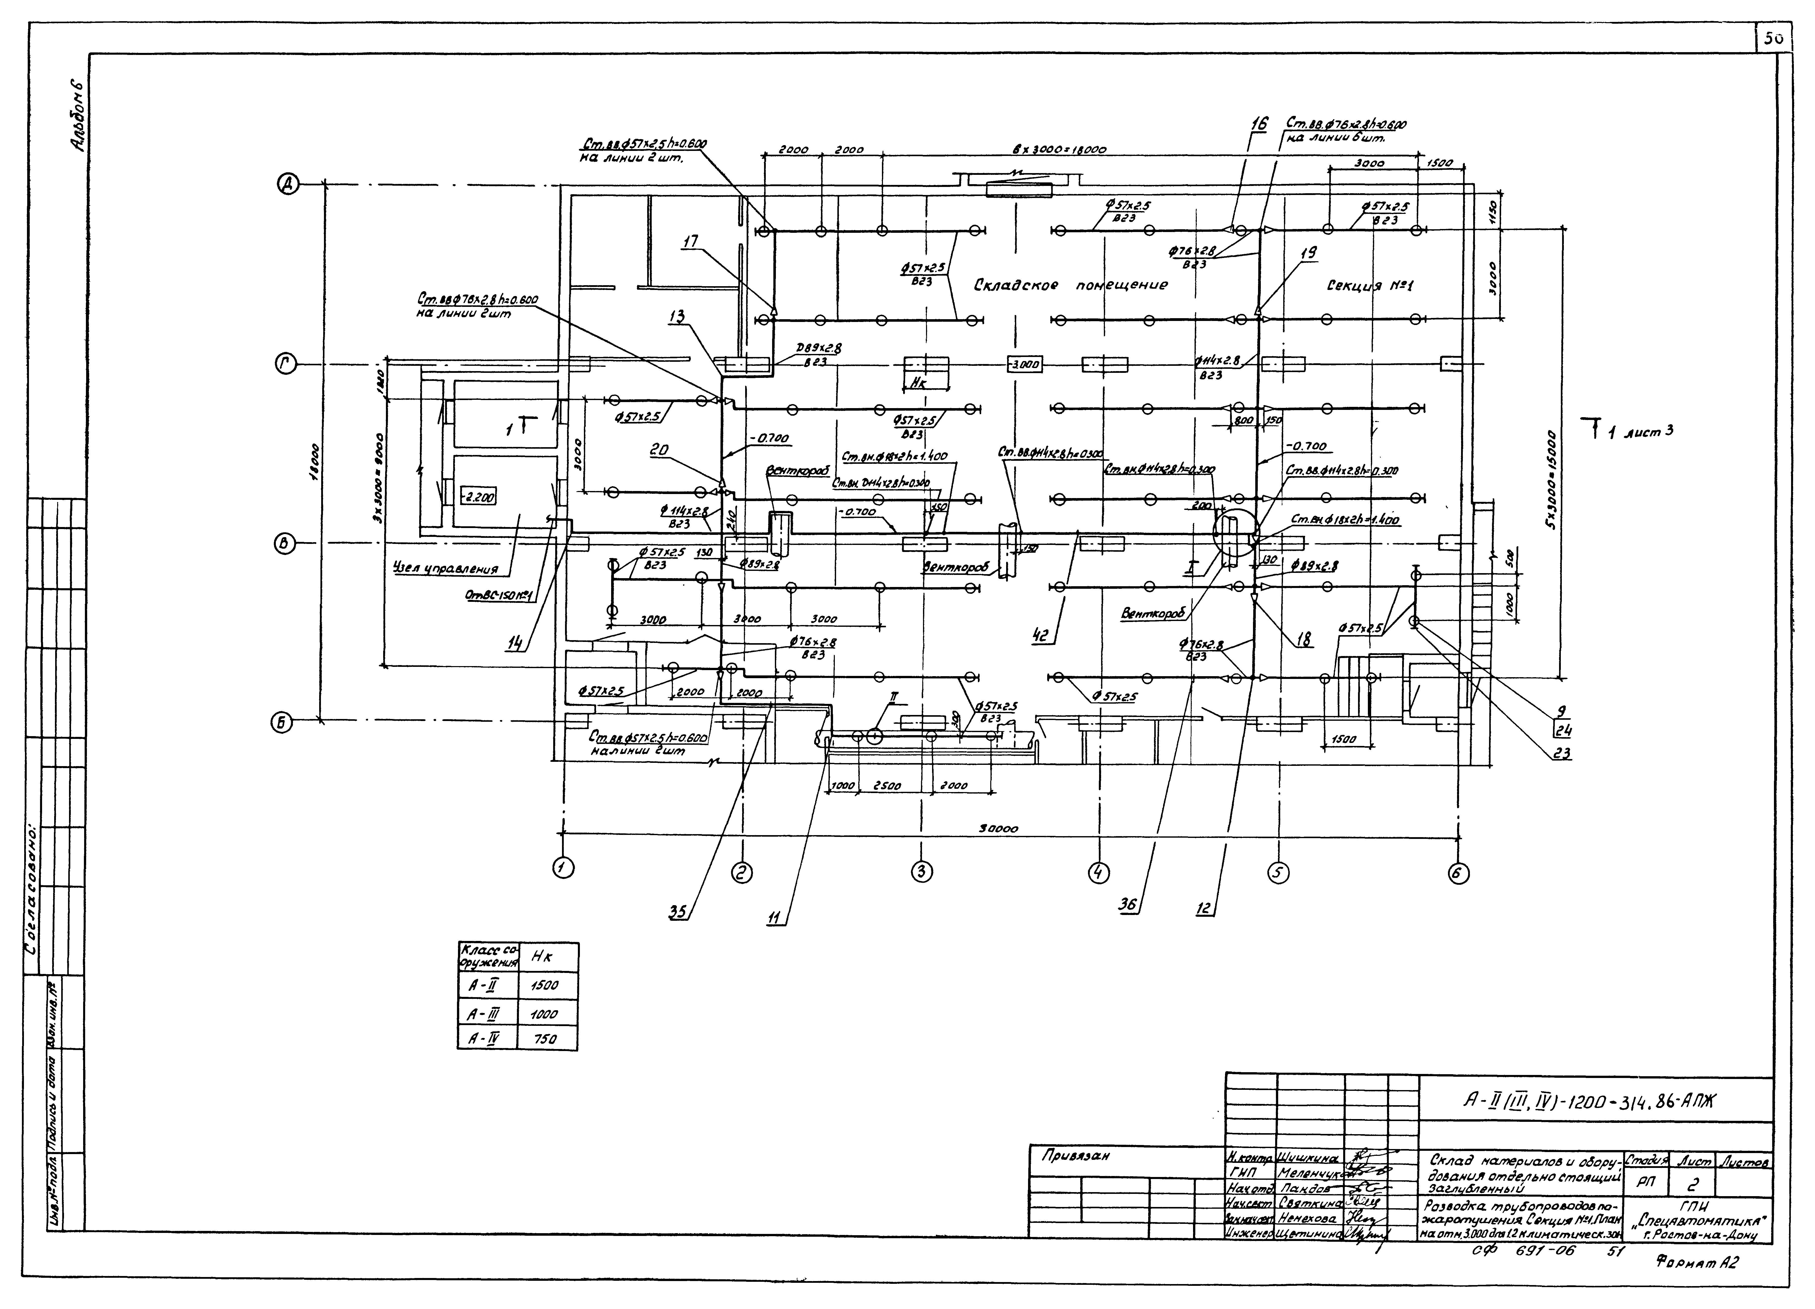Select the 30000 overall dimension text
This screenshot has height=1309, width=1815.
pos(999,829)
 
